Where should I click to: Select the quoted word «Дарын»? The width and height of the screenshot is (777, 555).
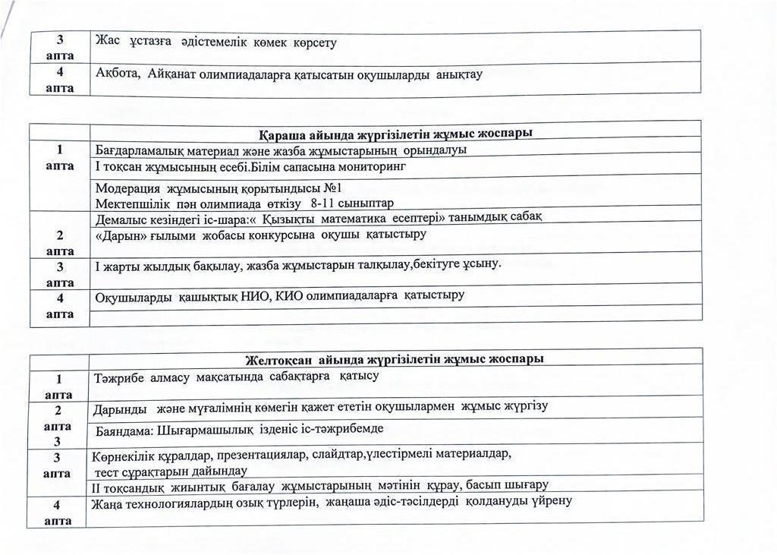pos(118,235)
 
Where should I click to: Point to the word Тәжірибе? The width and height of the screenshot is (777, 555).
pos(118,377)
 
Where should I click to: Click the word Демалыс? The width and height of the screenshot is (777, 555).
pos(121,219)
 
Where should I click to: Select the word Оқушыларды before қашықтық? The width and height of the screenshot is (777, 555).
pos(133,295)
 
